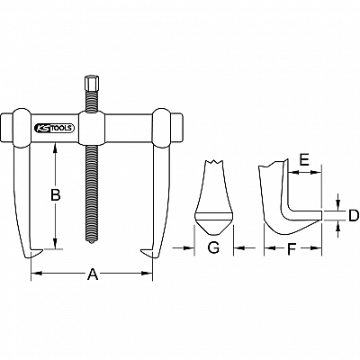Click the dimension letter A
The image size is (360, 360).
[93, 274]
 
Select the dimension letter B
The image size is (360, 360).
[55, 195]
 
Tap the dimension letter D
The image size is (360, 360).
[354, 216]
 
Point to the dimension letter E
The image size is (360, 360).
[304, 161]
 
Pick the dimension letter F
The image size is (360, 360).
[292, 248]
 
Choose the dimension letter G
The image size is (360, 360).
[213, 248]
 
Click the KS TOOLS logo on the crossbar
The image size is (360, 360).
[54, 128]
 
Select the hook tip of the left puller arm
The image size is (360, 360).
[41, 251]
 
